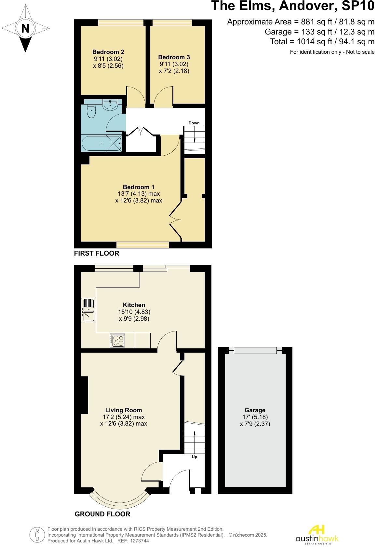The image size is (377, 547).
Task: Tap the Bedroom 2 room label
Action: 108,52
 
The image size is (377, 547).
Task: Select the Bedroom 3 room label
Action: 174,57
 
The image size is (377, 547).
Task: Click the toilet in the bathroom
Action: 91,111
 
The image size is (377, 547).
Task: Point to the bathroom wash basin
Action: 110,104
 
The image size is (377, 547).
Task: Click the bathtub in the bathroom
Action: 101,144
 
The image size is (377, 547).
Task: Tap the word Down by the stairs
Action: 194,123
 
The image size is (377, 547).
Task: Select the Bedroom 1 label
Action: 139,187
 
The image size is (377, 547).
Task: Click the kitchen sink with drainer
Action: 88,310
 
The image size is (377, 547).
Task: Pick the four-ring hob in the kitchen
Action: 117,340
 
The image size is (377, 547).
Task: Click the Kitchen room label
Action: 134,305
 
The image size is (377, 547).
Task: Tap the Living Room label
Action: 124,410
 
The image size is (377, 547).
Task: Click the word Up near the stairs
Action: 195,457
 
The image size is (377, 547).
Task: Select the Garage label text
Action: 255,410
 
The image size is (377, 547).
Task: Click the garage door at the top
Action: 255,350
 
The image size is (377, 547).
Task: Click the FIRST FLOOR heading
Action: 97,253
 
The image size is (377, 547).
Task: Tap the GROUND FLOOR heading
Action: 102,514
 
